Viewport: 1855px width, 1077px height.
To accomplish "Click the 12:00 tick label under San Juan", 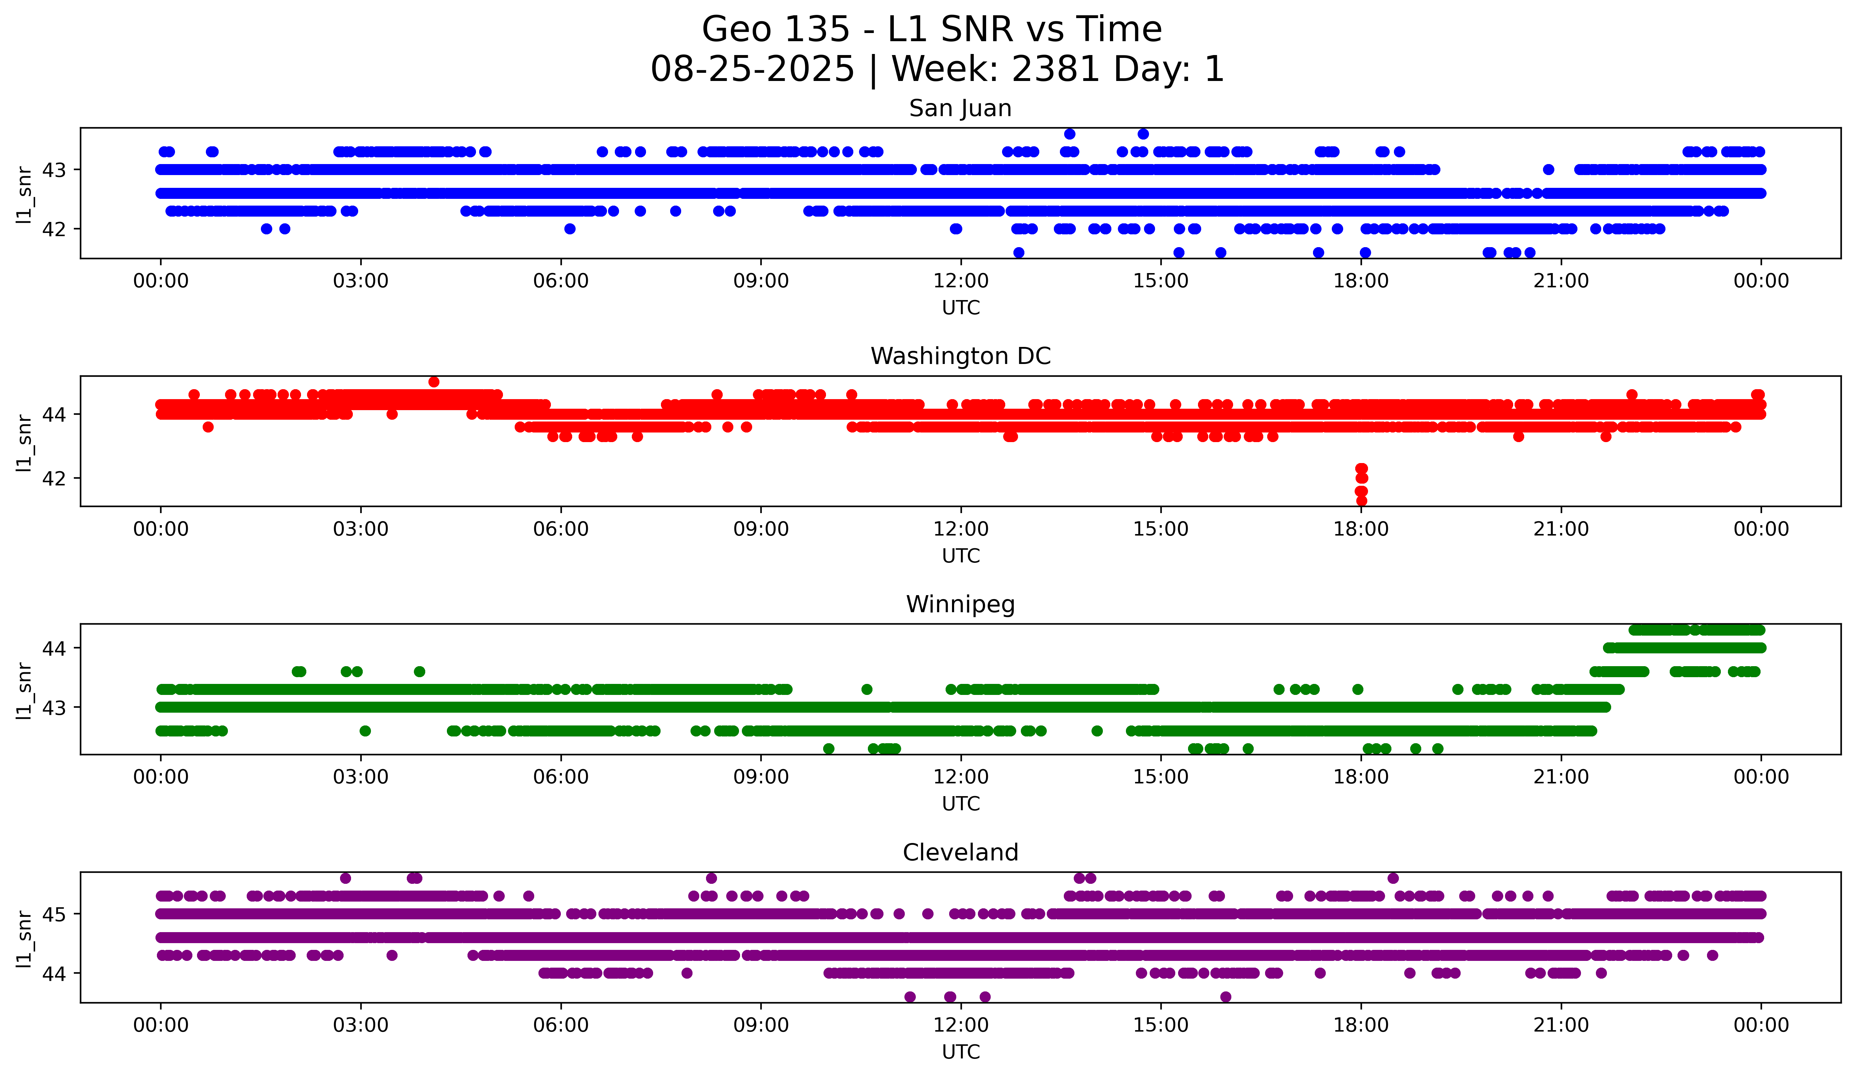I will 961,281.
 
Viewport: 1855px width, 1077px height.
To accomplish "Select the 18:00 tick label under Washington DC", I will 1361,529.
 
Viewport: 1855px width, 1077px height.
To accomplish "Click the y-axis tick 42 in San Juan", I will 53,229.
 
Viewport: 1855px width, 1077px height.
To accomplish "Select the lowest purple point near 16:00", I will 1225,997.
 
